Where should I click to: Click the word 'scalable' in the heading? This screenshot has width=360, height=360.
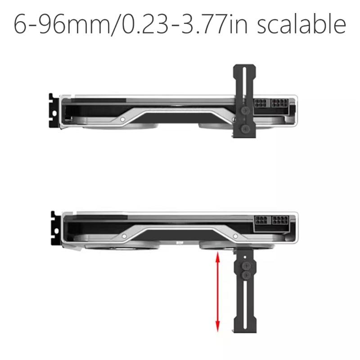302,25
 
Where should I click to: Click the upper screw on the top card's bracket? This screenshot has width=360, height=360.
245,110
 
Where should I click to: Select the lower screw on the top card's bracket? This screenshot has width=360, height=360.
245,129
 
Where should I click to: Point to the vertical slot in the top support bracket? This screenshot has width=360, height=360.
245,85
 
